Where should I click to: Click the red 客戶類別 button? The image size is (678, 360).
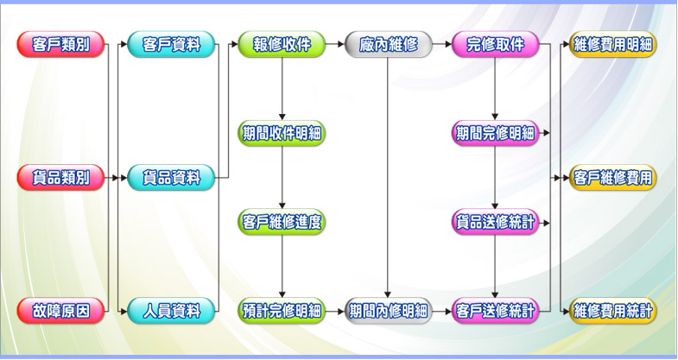click(60, 44)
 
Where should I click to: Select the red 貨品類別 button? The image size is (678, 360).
click(60, 178)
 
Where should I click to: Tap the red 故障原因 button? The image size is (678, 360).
click(60, 310)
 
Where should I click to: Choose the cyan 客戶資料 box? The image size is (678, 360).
click(170, 44)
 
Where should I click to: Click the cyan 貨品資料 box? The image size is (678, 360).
click(170, 178)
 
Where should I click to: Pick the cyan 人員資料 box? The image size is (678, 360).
click(170, 310)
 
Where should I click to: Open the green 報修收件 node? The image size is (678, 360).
click(282, 44)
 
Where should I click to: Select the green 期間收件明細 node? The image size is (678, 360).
click(282, 133)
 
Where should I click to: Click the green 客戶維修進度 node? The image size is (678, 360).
click(282, 222)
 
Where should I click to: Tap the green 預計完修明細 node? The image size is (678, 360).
click(282, 310)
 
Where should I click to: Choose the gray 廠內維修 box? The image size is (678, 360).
click(388, 44)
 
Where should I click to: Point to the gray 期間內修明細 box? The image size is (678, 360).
click(388, 310)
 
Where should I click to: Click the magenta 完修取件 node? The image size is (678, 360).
click(495, 44)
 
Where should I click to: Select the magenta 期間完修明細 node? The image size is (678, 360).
click(495, 133)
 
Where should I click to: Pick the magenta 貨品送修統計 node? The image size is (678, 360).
click(495, 222)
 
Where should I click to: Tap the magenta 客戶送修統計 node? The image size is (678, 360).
click(495, 310)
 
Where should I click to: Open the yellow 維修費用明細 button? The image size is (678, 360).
click(613, 44)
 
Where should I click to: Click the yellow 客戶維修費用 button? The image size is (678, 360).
click(613, 178)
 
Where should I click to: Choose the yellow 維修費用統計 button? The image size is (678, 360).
click(613, 310)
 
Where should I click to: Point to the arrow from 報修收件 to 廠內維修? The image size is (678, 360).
click(334, 44)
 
